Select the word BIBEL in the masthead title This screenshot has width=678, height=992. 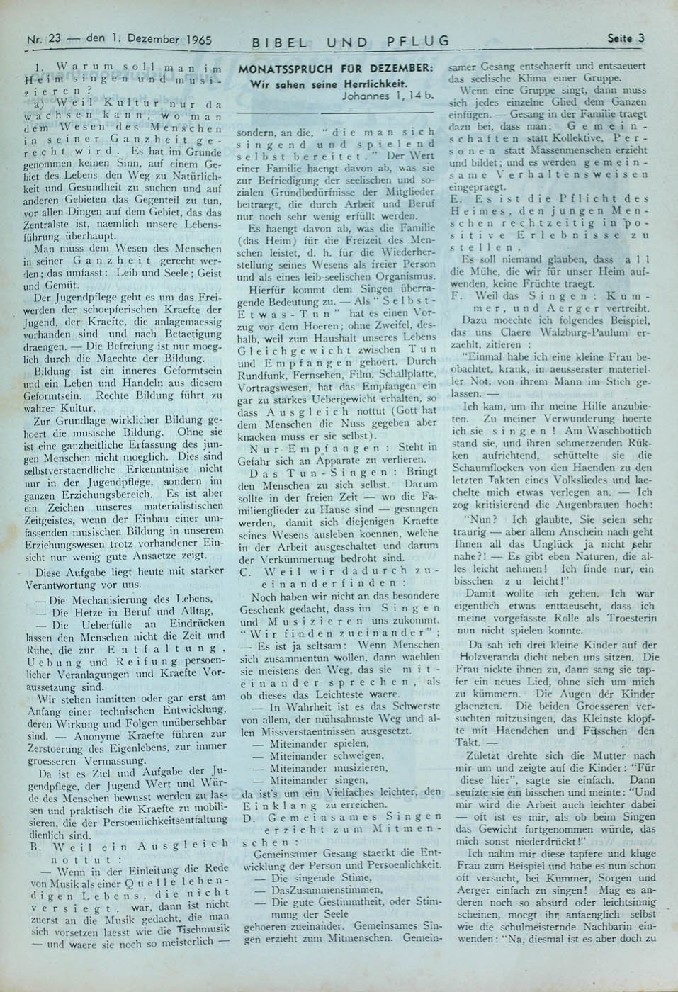click(276, 42)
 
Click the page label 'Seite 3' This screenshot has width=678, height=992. click(626, 39)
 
